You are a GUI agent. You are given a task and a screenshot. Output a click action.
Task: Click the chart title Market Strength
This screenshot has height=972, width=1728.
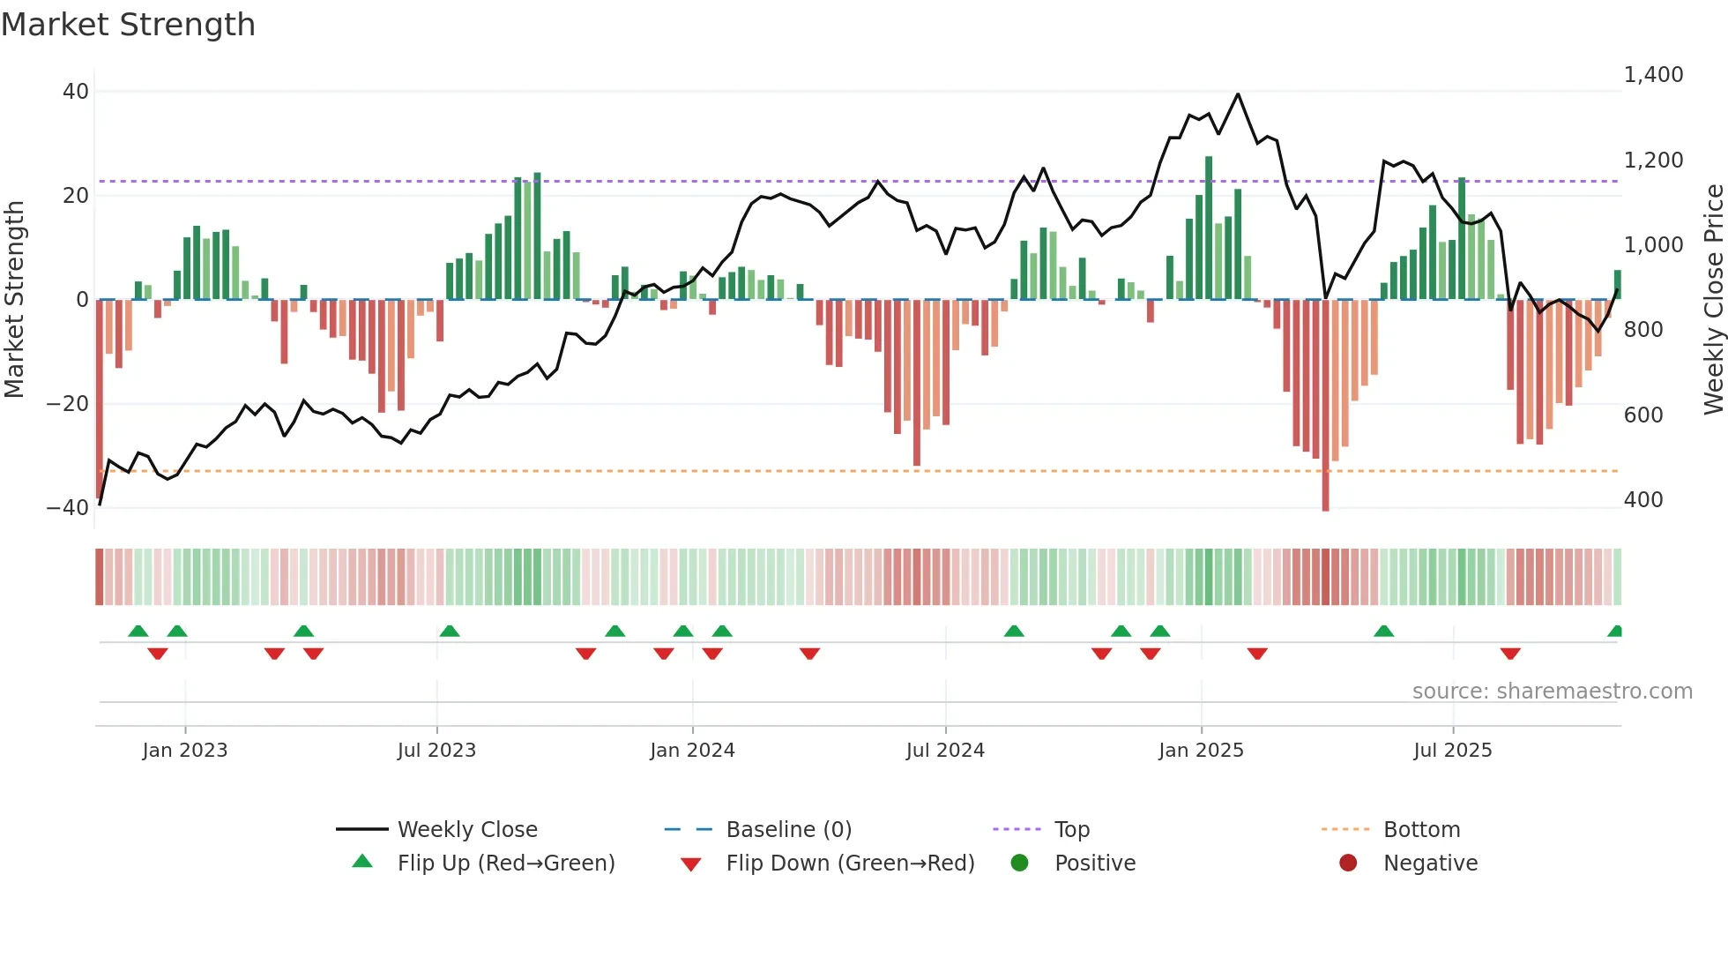coord(128,25)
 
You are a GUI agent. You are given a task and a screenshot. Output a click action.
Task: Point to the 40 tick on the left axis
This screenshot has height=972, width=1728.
coord(76,92)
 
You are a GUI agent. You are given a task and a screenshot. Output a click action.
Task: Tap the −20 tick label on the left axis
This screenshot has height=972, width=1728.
coord(68,404)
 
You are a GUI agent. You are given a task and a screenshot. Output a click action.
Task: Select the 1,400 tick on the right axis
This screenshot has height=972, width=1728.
coord(1653,75)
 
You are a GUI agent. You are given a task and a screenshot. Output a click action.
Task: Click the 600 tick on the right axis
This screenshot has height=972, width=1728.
coord(1643,415)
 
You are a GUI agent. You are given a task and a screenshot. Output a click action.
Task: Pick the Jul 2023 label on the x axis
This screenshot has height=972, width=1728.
coord(436,751)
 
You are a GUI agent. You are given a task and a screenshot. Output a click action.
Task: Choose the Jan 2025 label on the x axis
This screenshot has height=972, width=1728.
coord(1201,751)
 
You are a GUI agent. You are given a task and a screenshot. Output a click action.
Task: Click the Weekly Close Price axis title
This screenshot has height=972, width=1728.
coord(1713,299)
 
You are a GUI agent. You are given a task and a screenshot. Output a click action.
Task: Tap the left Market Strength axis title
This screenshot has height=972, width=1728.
coord(14,299)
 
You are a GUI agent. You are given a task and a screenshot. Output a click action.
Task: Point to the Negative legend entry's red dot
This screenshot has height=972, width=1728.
coord(1348,864)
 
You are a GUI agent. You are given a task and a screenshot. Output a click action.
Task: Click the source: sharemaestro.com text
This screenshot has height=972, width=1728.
coord(1552,692)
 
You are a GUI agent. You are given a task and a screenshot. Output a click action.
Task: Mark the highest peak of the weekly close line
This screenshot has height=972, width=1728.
coord(1238,94)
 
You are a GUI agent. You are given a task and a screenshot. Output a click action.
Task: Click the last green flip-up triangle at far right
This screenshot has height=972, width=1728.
coord(1615,632)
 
